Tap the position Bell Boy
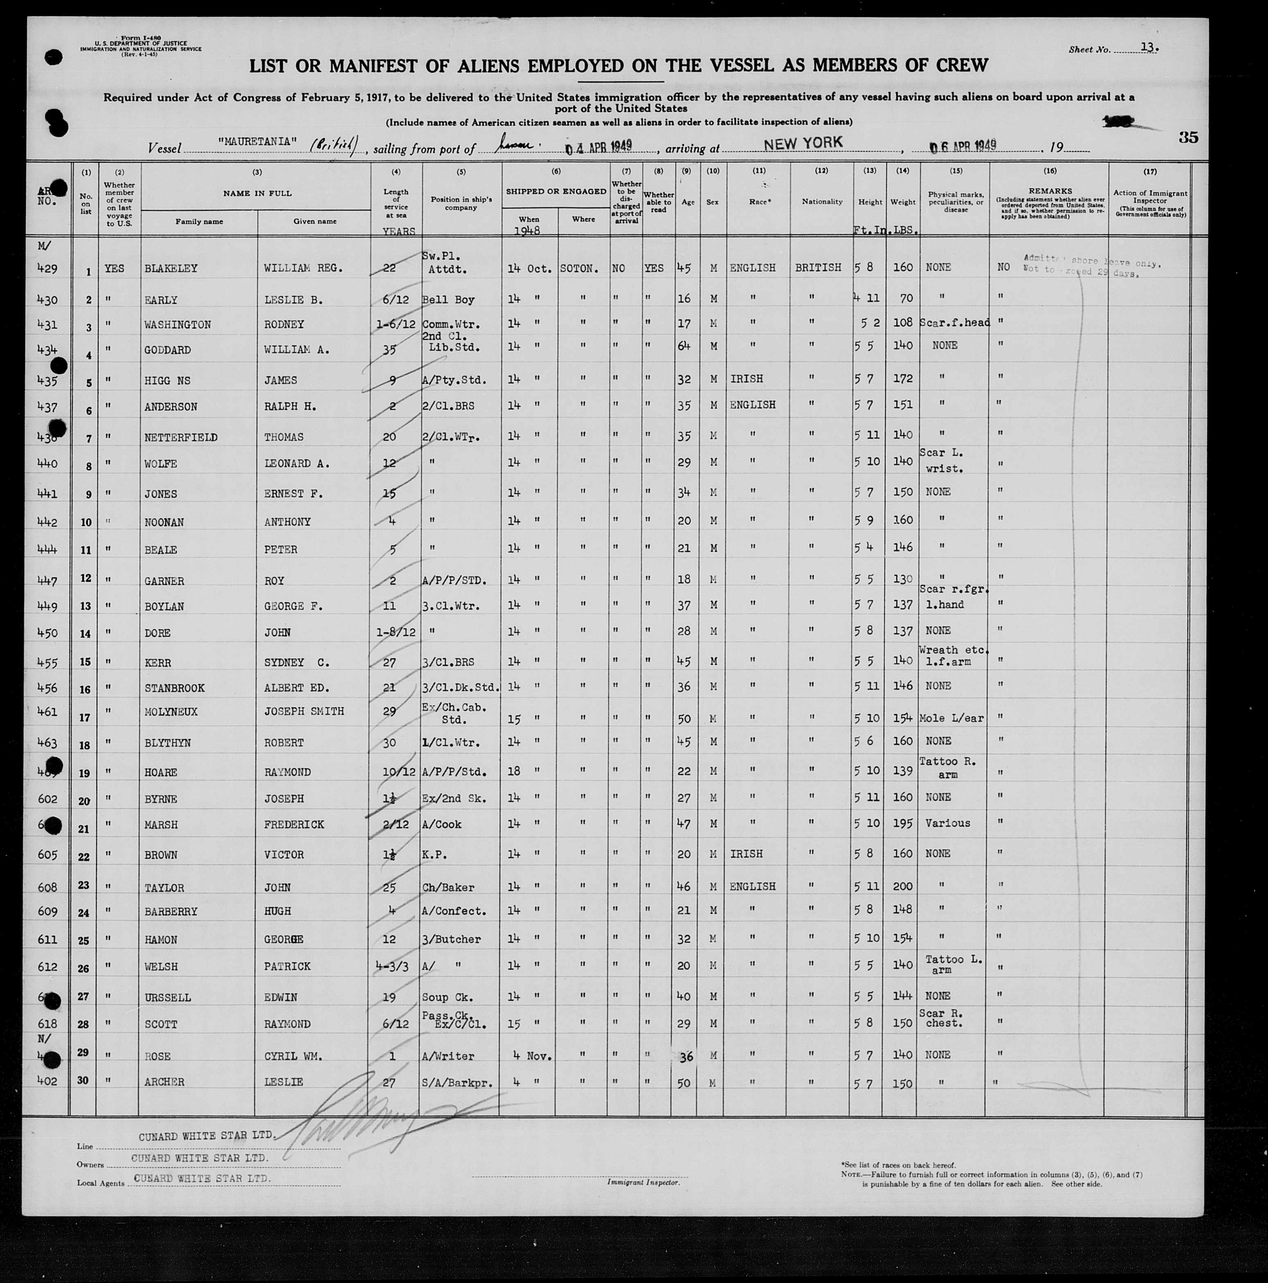pos(448,300)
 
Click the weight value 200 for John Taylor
pos(902,886)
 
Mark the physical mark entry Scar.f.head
pos(954,323)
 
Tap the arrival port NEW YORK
pos(803,143)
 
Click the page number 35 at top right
pos(1188,138)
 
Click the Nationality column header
pos(821,201)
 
